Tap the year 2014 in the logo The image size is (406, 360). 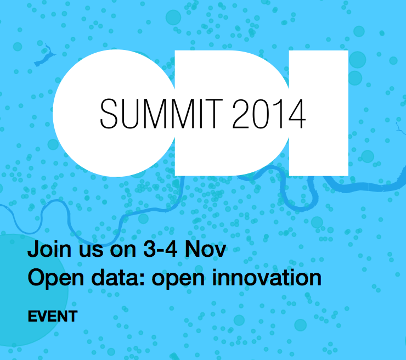(x=269, y=113)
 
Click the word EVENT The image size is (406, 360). (x=53, y=316)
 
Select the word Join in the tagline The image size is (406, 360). (x=48, y=250)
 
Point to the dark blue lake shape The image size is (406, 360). (x=45, y=57)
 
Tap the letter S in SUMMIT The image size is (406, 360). (x=109, y=113)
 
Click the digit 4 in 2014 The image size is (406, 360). (x=296, y=113)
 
